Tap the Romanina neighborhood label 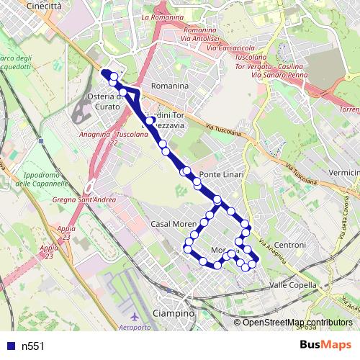[169, 86]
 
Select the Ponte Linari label [222, 176]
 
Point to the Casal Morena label [174, 225]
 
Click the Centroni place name [290, 246]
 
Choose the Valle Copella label [292, 286]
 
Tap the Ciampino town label [175, 314]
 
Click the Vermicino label [343, 173]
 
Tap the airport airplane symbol [135, 317]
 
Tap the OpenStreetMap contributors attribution [297, 322]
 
